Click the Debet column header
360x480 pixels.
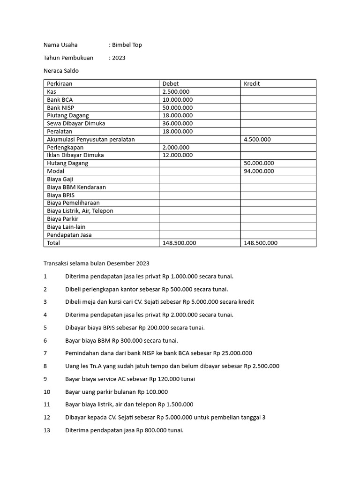point(171,84)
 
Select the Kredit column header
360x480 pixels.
point(252,84)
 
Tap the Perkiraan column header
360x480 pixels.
point(60,84)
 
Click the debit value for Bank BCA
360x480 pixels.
point(178,100)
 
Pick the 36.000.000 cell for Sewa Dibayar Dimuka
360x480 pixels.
point(178,123)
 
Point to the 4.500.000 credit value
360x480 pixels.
point(257,139)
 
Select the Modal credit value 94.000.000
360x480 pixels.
point(259,171)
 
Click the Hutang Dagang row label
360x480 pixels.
point(67,163)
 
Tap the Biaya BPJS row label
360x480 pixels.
point(61,195)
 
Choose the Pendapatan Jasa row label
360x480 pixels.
point(69,235)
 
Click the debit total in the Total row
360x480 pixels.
point(179,243)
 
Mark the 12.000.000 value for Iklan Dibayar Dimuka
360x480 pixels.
point(178,155)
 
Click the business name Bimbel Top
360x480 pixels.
point(127,45)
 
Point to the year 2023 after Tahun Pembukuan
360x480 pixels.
point(119,58)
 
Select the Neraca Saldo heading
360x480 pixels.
point(61,71)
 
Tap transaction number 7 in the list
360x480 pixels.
point(45,353)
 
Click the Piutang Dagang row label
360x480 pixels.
point(68,115)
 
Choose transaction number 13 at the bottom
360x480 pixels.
point(46,430)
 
